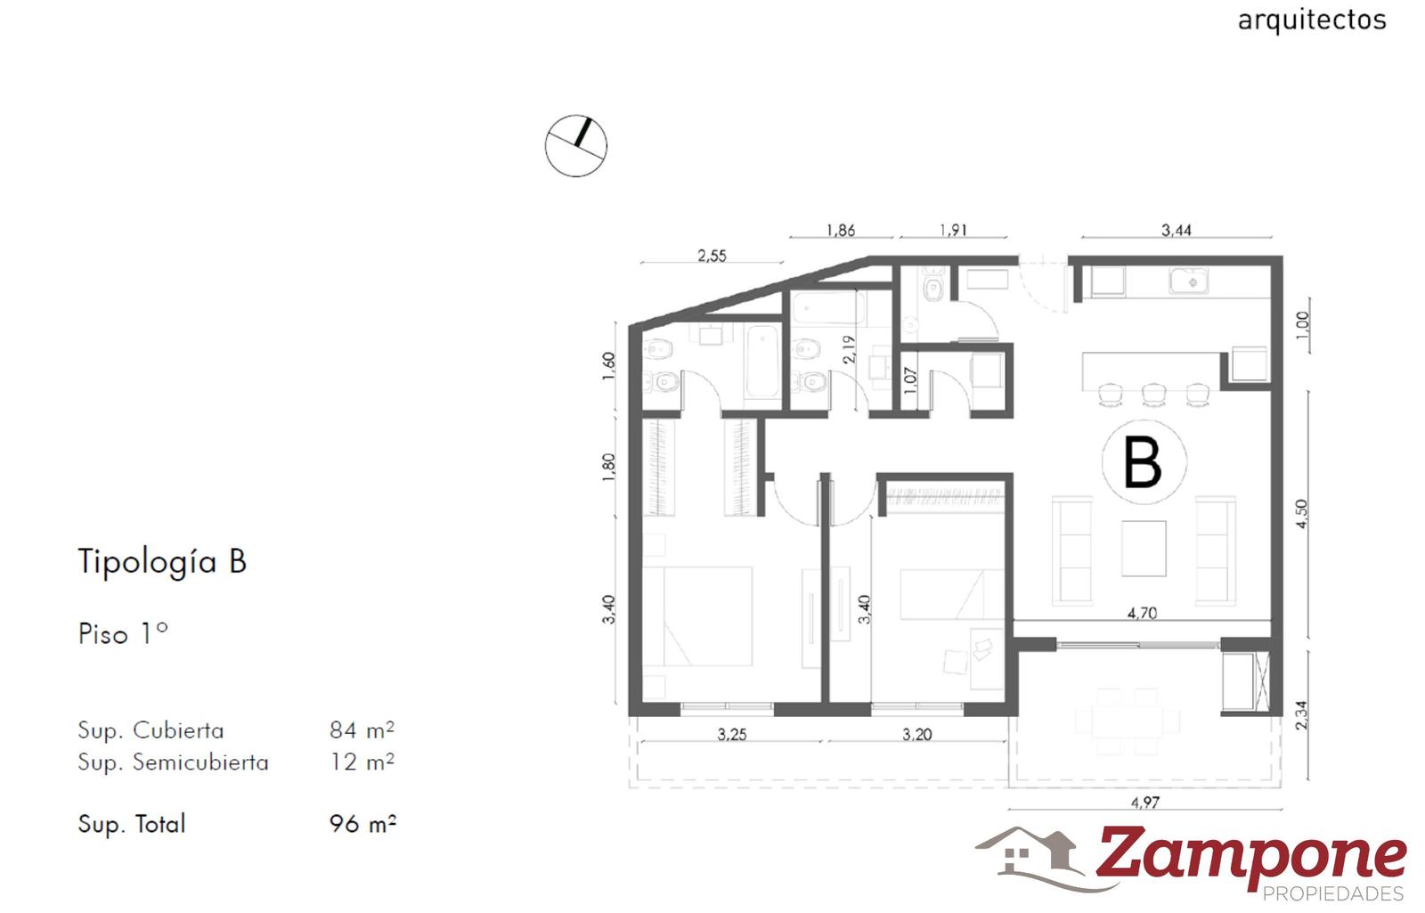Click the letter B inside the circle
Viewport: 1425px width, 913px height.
pyautogui.click(x=1143, y=462)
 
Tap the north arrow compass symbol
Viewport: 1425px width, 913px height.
pyautogui.click(x=575, y=146)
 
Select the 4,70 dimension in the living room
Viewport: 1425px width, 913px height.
pyautogui.click(x=1142, y=614)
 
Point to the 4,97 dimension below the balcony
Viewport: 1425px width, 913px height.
pyautogui.click(x=1145, y=803)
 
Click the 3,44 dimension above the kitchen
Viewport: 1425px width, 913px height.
pyautogui.click(x=1177, y=231)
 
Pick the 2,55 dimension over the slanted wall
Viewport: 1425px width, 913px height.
pyautogui.click(x=712, y=256)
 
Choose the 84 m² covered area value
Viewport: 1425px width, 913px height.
pyautogui.click(x=362, y=730)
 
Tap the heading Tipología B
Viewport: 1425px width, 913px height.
pyautogui.click(x=162, y=562)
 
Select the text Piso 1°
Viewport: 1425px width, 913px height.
pyautogui.click(x=123, y=633)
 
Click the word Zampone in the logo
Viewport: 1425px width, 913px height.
pyautogui.click(x=1250, y=856)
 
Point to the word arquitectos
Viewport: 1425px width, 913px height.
pyautogui.click(x=1312, y=20)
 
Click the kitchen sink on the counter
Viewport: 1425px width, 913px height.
pyautogui.click(x=1188, y=281)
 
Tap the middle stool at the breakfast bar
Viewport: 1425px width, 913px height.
pyautogui.click(x=1153, y=395)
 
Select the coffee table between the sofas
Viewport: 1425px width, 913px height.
pyautogui.click(x=1144, y=549)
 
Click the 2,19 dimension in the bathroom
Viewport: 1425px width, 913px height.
pyautogui.click(x=849, y=349)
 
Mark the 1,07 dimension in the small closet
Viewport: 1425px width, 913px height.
pyautogui.click(x=910, y=379)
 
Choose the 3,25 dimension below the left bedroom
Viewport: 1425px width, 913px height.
pyautogui.click(x=731, y=735)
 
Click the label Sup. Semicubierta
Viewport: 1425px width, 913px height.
pyautogui.click(x=173, y=762)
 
